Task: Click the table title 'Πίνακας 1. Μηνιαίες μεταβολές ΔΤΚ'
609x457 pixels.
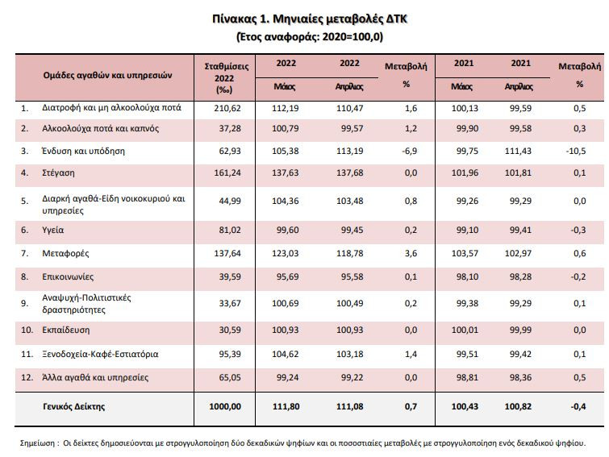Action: [310, 19]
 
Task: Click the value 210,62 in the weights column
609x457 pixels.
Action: [227, 108]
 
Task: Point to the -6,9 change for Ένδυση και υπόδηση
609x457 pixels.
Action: [410, 151]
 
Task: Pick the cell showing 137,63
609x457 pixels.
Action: [285, 172]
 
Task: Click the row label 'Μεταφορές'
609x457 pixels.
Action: [65, 253]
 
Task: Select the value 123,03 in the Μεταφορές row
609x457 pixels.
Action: [285, 253]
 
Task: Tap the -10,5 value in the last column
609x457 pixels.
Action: [576, 151]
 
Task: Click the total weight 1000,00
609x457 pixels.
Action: [225, 406]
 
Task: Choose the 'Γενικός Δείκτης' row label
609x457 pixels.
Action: [73, 406]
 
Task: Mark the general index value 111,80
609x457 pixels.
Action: [286, 406]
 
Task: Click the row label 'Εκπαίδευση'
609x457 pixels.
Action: [65, 330]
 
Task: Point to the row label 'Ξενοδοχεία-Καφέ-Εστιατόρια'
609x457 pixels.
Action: [100, 354]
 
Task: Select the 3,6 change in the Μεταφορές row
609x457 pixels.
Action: [411, 253]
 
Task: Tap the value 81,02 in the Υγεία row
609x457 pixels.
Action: [230, 230]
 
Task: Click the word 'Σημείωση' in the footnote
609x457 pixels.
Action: [37, 443]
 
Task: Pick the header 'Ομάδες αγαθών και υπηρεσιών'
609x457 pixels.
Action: [107, 75]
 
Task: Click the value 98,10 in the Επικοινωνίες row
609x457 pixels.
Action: [467, 276]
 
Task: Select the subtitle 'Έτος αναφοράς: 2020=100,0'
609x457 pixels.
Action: [310, 37]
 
